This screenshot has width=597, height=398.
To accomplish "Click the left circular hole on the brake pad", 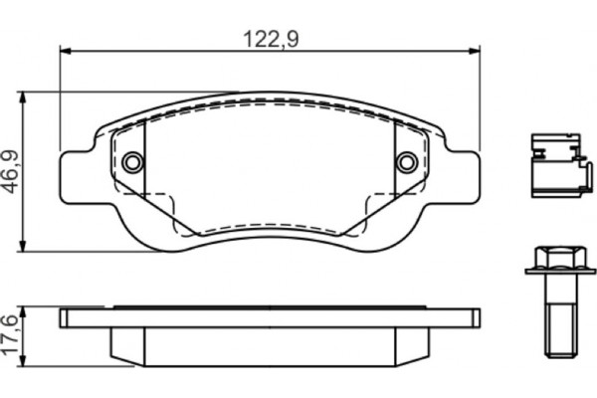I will pyautogui.click(x=132, y=162).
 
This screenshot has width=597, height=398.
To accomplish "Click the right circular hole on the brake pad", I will pyautogui.click(x=406, y=162).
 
